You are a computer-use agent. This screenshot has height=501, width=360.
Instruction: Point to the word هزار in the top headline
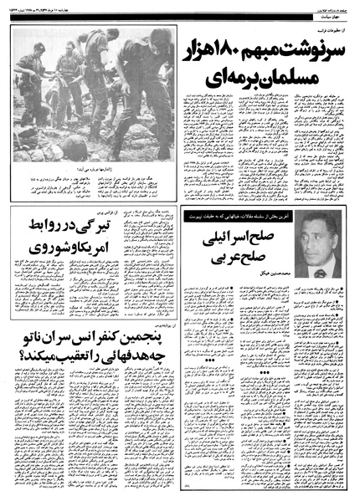(x=208, y=53)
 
